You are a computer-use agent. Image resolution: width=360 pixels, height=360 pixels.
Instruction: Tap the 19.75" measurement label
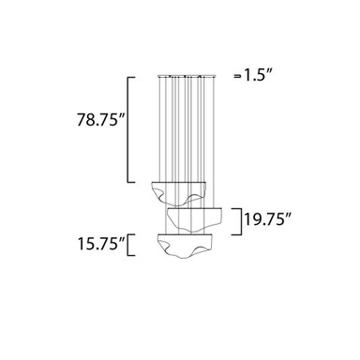(267, 218)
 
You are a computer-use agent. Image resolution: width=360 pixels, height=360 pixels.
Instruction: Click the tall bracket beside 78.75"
(127, 129)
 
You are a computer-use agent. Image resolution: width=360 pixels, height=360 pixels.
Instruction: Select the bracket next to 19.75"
(242, 222)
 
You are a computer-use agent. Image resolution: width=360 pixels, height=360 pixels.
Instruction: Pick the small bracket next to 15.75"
(128, 245)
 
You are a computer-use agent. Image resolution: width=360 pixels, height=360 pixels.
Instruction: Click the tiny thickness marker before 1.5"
(238, 75)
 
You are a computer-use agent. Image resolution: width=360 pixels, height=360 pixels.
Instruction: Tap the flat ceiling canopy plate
(186, 75)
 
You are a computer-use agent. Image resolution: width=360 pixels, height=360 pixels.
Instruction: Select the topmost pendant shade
(178, 194)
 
